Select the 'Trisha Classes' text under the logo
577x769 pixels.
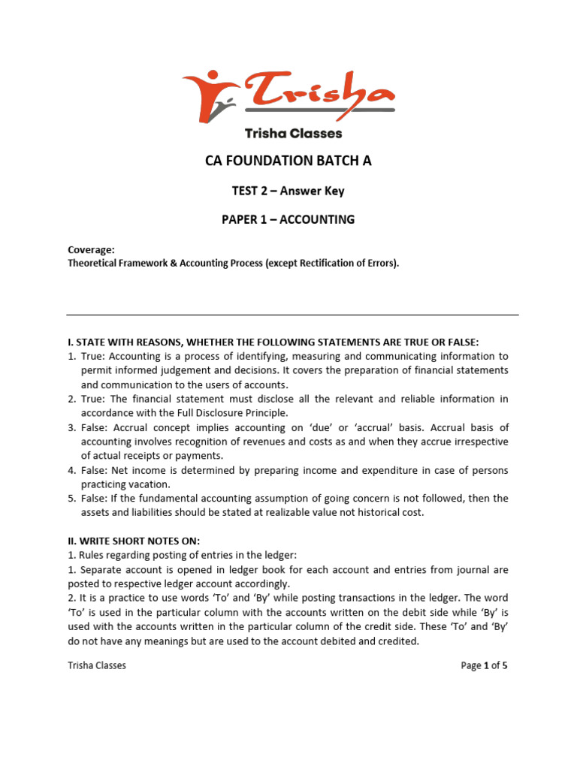(293, 134)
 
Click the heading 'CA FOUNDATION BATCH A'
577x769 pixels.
(288, 161)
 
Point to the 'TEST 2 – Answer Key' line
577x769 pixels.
(288, 191)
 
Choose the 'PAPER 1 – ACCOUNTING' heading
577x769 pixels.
(288, 219)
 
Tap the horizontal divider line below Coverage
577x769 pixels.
(292, 315)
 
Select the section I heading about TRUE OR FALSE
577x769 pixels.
(273, 342)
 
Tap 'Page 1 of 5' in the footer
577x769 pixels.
(485, 665)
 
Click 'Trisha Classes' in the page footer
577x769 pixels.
(97, 665)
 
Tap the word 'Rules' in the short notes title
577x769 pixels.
(90, 555)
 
